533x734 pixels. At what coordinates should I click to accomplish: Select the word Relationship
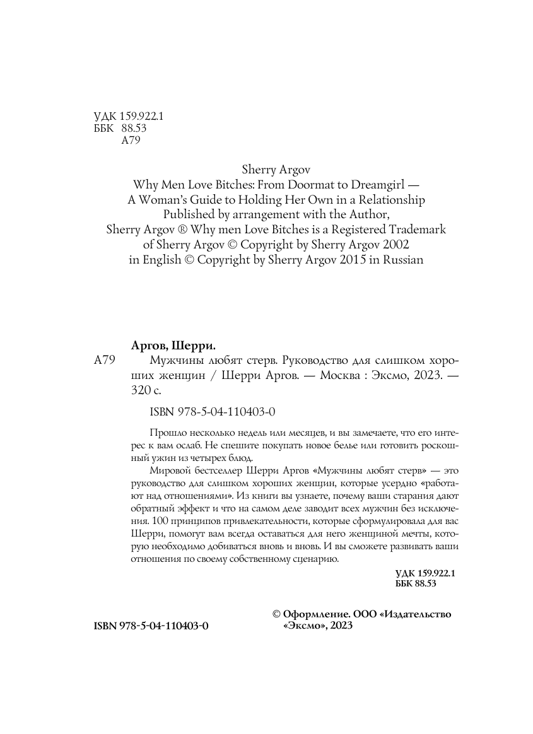tap(387, 200)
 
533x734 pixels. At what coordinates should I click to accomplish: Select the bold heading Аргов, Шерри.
tap(172, 345)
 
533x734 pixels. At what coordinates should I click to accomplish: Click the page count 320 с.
tap(144, 390)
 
